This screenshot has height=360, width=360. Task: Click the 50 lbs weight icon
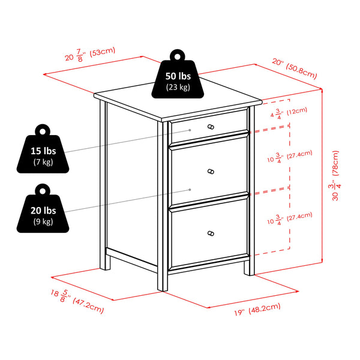coord(178,74)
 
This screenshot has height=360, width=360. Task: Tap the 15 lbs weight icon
coord(43,149)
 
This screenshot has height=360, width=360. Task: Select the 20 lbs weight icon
coord(43,208)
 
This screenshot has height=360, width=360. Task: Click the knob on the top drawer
coord(211,127)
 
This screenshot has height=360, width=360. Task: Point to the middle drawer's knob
coord(211,172)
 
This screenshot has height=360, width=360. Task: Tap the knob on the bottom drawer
coord(211,233)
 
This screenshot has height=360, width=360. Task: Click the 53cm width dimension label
coord(90,55)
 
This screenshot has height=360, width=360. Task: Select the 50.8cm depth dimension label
coord(295,68)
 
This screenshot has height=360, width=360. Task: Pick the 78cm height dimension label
coord(335,176)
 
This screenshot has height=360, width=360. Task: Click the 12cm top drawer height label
coord(289,113)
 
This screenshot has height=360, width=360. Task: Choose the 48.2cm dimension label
coord(257,309)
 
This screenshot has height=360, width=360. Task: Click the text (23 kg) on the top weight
coord(178,87)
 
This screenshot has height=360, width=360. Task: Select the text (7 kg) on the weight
coord(43,162)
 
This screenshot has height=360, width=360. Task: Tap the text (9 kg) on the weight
coord(43,221)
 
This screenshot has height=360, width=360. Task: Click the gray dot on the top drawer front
coord(190,130)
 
